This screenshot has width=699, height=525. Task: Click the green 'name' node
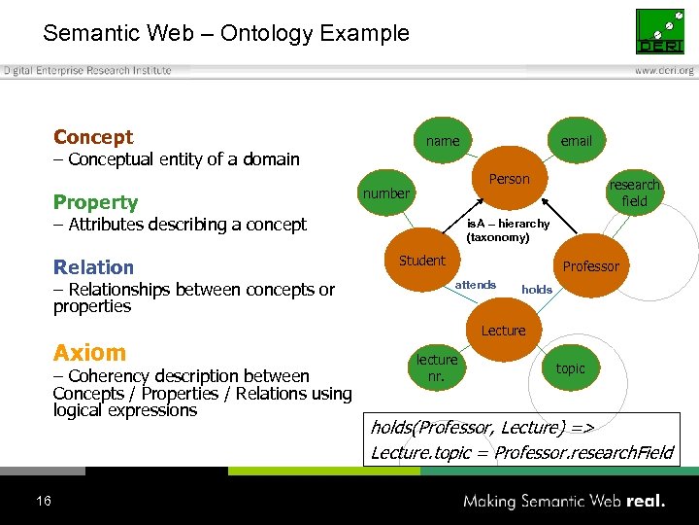[x=443, y=141]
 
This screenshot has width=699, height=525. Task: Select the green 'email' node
[x=576, y=141]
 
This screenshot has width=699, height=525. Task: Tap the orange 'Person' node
[x=509, y=179]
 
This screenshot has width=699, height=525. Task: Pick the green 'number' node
[x=386, y=193]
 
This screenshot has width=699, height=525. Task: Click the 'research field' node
[x=634, y=192]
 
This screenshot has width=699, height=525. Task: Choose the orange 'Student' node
[x=422, y=261]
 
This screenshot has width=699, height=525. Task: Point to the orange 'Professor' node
[x=590, y=266]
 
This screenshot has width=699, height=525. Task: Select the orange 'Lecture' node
[x=503, y=331]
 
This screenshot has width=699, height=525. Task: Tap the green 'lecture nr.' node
[x=437, y=367]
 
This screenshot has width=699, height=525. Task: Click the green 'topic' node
[x=571, y=368]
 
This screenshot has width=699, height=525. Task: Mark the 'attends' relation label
[x=476, y=285]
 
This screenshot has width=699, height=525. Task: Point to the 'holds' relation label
[x=537, y=289]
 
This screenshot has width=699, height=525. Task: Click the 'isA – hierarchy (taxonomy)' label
[x=507, y=230]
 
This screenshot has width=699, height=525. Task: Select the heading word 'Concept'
[x=93, y=137]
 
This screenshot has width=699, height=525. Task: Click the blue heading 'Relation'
[x=93, y=267]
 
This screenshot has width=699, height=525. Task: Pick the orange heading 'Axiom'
[x=89, y=353]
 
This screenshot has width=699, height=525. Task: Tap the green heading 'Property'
[x=95, y=202]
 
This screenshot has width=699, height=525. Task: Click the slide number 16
[x=43, y=501]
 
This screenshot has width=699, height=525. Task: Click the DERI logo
[x=659, y=32]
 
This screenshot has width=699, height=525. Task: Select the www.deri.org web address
[x=664, y=71]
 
